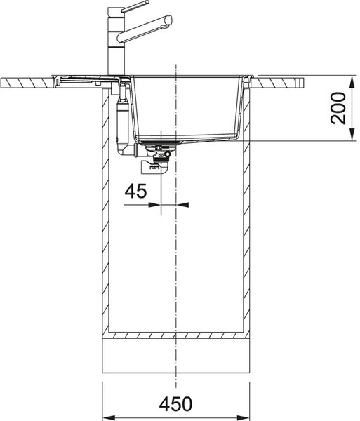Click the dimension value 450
[175, 404]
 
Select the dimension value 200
[338, 108]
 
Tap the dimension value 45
[136, 191]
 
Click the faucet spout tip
[168, 20]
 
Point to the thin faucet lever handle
[135, 6]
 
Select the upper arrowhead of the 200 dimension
[352, 81]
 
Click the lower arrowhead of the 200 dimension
[352, 134]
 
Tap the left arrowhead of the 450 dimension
[109, 418]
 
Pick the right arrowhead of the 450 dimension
[244, 418]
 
